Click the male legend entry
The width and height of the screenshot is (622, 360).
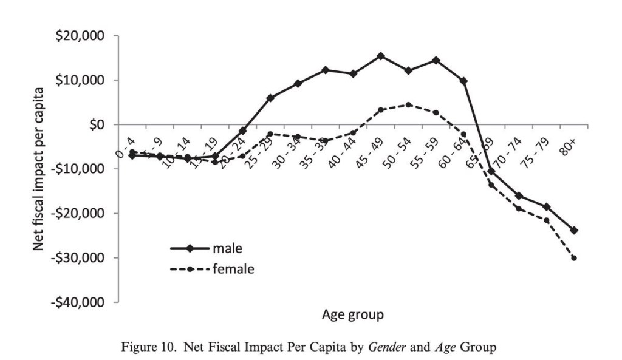228,248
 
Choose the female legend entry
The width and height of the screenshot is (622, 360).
233,270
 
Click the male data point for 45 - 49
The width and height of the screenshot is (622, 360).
381,56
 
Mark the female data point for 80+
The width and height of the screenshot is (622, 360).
574,258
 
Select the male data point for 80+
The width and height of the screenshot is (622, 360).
574,231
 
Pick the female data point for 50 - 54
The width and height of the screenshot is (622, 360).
408,104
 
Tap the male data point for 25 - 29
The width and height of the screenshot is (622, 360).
270,98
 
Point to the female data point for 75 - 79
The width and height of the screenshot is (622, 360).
547,220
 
